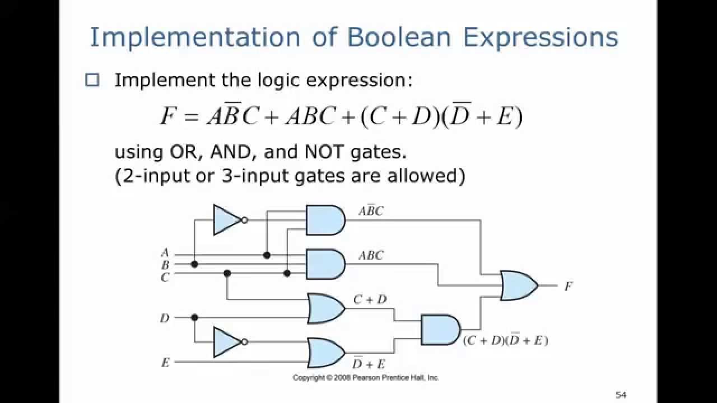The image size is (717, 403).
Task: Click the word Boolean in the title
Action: point(399,37)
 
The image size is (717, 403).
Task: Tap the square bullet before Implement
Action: point(92,80)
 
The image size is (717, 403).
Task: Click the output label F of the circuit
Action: point(568,286)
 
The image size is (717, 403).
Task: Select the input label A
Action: point(165,253)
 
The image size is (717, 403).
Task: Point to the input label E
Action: point(165,363)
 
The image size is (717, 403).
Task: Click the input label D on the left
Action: point(165,318)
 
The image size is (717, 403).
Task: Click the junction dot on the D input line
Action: point(194,317)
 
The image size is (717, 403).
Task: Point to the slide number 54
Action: point(621,395)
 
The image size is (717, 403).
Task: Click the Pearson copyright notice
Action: point(366,378)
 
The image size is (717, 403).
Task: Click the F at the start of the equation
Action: point(167,117)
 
